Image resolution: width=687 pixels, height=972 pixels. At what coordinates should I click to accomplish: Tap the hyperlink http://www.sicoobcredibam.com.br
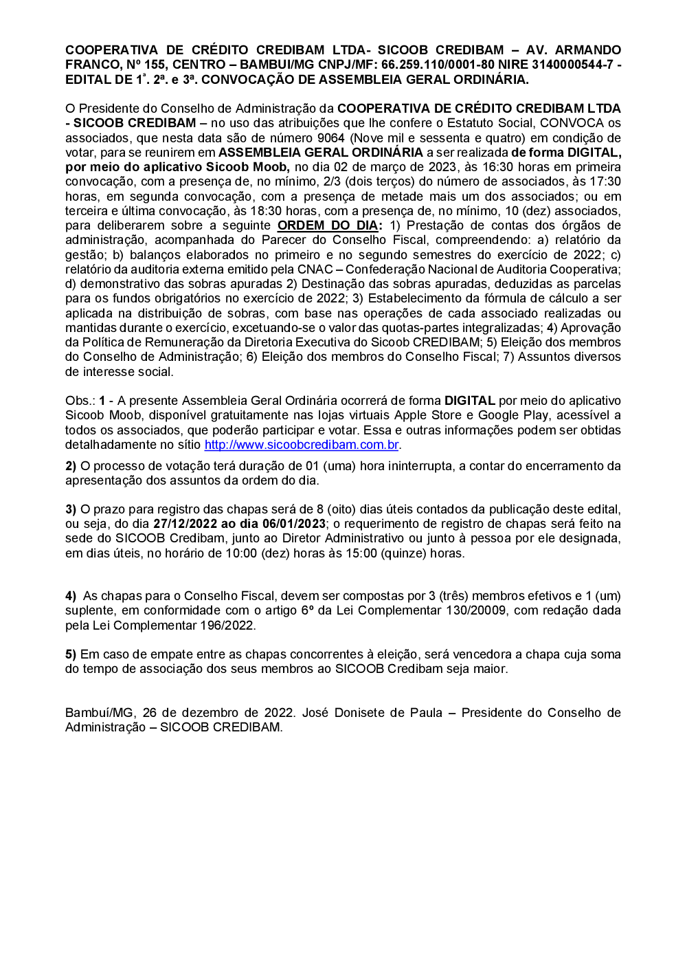pyautogui.click(x=302, y=445)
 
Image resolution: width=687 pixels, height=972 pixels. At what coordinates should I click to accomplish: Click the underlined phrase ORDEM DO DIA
pyautogui.click(x=328, y=225)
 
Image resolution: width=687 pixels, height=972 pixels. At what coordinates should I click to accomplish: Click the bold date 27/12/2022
pyautogui.click(x=185, y=524)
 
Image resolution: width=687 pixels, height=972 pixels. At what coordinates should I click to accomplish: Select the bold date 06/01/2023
pyautogui.click(x=293, y=524)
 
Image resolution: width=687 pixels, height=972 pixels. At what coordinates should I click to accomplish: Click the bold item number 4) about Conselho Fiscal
pyautogui.click(x=71, y=596)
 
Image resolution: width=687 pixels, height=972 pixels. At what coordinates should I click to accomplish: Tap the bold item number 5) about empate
pyautogui.click(x=71, y=654)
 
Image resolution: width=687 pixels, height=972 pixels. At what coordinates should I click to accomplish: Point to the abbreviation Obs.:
pyautogui.click(x=80, y=401)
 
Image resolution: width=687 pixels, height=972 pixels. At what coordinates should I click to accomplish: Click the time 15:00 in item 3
pyautogui.click(x=361, y=553)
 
